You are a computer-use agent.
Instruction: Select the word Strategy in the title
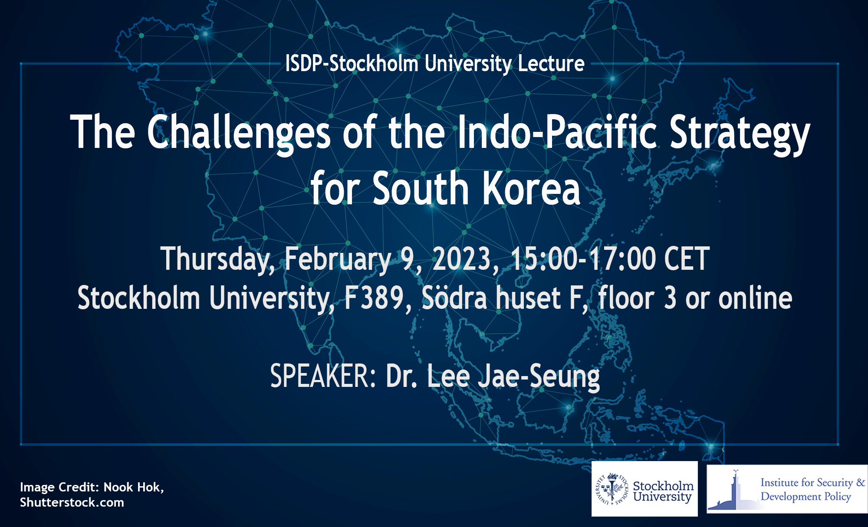(x=740, y=133)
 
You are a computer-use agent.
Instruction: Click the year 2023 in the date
(x=462, y=259)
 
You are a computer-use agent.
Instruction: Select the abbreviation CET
(x=687, y=259)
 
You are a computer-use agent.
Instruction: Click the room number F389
(x=374, y=298)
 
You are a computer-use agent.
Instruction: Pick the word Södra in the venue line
(x=454, y=298)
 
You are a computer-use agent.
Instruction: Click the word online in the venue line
(x=755, y=298)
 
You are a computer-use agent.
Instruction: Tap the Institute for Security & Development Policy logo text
(x=812, y=489)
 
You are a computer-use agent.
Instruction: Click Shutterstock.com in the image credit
(x=72, y=503)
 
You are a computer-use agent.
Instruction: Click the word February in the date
(x=338, y=259)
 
